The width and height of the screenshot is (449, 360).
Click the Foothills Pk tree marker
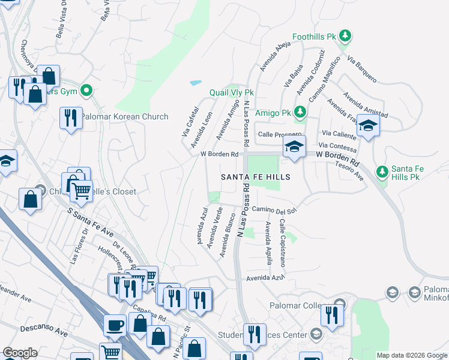[x=345, y=37]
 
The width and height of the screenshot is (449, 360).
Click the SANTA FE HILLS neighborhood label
[x=255, y=177]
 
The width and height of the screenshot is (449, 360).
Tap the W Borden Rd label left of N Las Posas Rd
[x=220, y=155]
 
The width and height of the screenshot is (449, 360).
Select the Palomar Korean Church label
[x=125, y=116]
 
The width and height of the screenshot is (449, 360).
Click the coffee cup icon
[x=115, y=326]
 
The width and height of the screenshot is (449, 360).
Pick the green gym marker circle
[x=86, y=92]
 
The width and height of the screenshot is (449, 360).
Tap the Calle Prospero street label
[x=277, y=134]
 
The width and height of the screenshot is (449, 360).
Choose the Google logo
[x=20, y=353]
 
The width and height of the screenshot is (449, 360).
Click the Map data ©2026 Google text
[x=412, y=355]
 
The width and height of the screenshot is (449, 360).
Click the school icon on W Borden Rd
[x=294, y=146]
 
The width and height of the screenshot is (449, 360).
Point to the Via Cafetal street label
[x=190, y=121]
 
